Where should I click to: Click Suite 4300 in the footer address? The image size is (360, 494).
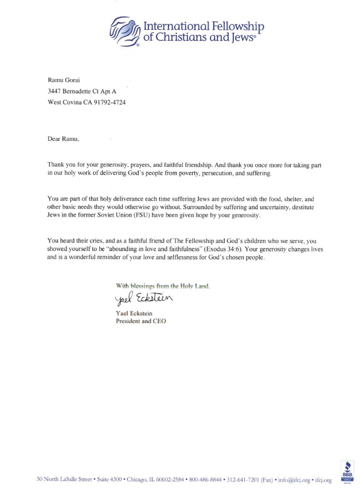(x=107, y=479)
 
